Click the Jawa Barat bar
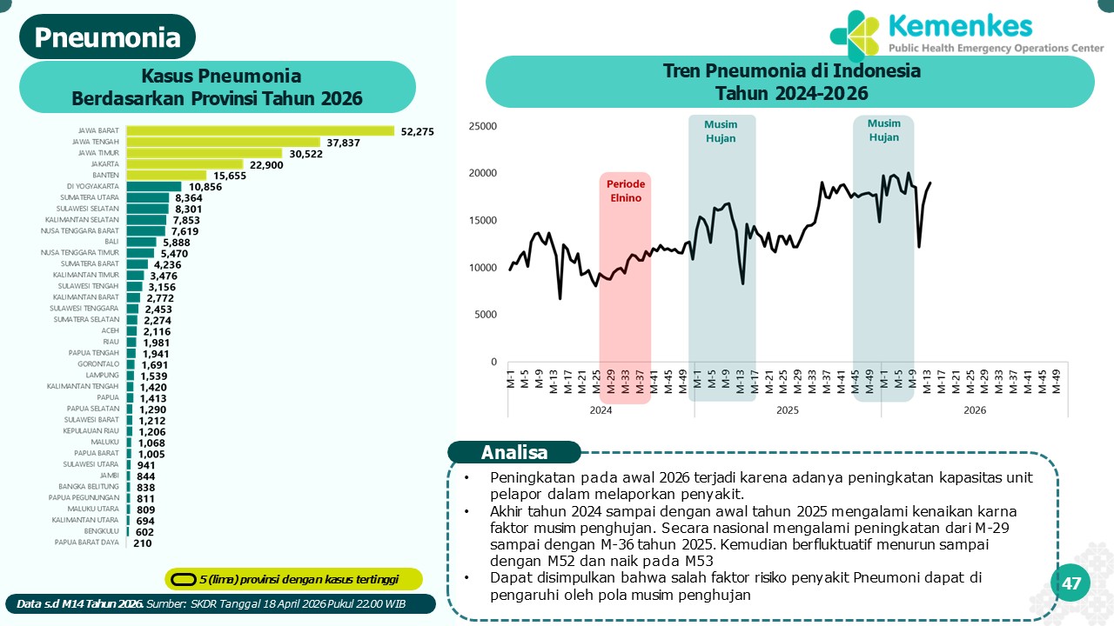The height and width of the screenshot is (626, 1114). tap(260, 130)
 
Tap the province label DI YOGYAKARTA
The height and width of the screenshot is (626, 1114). tap(93, 186)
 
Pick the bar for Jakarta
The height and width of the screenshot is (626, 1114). tap(185, 164)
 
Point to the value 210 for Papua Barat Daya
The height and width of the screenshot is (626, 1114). tap(143, 543)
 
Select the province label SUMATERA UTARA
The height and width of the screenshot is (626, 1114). tap(90, 197)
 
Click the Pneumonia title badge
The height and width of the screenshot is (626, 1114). tap(108, 37)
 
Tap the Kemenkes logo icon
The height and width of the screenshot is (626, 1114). tap(855, 35)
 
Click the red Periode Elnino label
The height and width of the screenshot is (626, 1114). tap(625, 191)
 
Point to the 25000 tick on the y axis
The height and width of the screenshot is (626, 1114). tap(481, 126)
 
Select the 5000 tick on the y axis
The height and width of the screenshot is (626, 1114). tap(485, 315)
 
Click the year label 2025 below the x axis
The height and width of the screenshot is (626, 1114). tap(788, 410)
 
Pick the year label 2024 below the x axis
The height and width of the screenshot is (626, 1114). tap(601, 410)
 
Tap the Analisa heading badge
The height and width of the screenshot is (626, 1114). tap(514, 452)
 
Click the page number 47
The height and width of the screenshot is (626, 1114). tap(1071, 583)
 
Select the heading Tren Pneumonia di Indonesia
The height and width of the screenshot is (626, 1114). tap(791, 70)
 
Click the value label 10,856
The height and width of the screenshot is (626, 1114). tap(205, 186)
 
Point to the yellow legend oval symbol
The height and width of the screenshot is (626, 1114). tap(182, 579)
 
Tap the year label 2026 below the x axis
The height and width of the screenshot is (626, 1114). tap(975, 410)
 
